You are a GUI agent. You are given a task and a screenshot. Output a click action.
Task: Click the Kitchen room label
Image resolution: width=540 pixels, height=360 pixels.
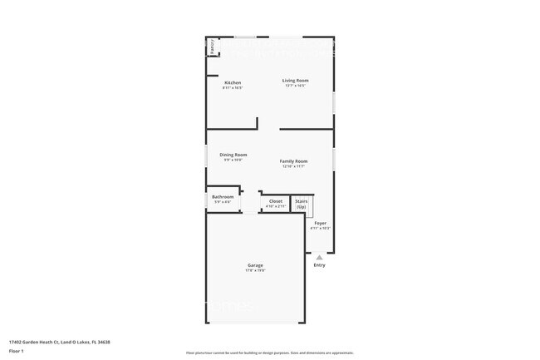233,82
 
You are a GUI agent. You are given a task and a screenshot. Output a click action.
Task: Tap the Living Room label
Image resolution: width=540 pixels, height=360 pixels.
295,80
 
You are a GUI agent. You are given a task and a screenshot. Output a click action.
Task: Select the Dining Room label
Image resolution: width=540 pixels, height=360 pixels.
233,155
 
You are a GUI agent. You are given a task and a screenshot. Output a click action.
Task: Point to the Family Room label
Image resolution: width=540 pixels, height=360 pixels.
293,160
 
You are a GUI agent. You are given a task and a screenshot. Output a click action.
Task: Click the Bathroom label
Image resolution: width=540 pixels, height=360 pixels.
223,197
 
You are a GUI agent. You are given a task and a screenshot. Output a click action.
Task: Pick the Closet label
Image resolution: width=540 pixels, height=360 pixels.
275,200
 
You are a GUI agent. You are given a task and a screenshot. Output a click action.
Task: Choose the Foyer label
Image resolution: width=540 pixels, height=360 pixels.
321,224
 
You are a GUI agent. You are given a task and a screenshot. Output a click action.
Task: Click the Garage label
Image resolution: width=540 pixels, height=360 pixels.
255,265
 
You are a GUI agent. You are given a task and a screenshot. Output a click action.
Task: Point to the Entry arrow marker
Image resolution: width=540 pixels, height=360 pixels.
320,258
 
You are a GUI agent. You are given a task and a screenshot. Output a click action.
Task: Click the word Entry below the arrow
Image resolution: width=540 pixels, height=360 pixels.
320,265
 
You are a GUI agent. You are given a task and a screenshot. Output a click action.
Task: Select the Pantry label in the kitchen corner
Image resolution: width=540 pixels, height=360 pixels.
213,47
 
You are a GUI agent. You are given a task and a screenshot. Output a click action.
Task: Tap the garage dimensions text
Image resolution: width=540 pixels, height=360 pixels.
255,270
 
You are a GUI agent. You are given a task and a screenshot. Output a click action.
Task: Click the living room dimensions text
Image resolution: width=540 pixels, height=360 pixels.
295,85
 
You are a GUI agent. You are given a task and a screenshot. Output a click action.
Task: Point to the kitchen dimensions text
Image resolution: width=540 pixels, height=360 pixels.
233,87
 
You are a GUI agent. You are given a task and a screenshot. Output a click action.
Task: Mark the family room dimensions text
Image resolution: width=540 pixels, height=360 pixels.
293,166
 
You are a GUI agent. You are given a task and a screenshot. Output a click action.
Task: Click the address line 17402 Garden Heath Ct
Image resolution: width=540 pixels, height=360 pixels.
59,341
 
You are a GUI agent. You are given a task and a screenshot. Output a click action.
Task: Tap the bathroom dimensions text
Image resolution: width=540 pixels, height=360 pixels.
223,202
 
